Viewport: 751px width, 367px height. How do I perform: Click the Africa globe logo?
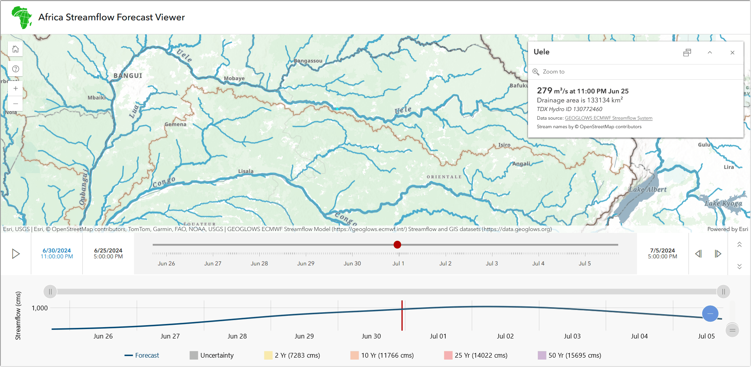tap(22, 17)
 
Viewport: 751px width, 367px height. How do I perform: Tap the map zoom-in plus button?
tap(16, 88)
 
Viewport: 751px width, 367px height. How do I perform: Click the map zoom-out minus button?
tap(16, 104)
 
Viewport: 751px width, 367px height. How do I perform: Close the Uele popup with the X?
tap(732, 53)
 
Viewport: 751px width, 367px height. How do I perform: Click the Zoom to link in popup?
tap(553, 72)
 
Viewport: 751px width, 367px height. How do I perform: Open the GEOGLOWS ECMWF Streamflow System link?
tap(608, 118)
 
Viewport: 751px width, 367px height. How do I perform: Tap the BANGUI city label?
tap(128, 75)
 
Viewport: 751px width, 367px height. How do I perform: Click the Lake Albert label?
tap(647, 190)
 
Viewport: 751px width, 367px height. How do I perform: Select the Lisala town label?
tap(246, 171)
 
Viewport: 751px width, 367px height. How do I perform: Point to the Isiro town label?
tap(504, 145)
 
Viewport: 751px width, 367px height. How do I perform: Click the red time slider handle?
tap(397, 245)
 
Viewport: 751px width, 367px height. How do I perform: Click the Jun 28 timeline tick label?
tap(259, 263)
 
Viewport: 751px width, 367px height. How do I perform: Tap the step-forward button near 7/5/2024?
tap(718, 254)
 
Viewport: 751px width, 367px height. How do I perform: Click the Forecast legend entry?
tap(142, 355)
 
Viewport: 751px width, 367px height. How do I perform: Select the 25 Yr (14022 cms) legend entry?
tap(476, 355)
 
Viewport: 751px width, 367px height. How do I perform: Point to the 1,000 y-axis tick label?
tap(39, 308)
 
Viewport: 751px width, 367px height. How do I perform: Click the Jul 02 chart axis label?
tap(505, 336)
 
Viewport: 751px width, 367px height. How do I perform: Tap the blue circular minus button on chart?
tap(710, 313)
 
